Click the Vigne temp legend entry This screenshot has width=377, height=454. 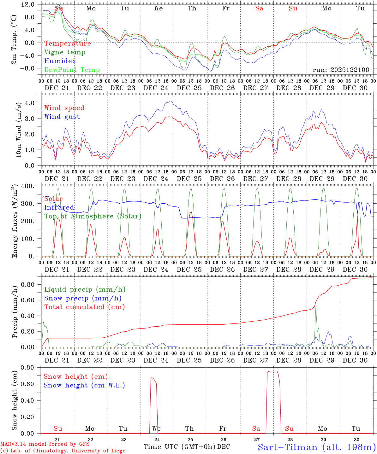[x=65, y=52]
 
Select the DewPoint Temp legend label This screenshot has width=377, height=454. [x=72, y=70]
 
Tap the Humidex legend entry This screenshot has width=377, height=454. [x=60, y=61]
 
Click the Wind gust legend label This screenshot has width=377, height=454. [x=62, y=117]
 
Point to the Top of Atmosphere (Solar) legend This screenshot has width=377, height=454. [x=93, y=216]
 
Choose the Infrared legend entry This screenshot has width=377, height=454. [x=59, y=207]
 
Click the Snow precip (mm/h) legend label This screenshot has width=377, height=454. [x=83, y=298]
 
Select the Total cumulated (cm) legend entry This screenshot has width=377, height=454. [x=84, y=307]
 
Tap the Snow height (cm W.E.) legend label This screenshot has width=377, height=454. [x=84, y=385]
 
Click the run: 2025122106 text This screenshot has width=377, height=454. [x=341, y=70]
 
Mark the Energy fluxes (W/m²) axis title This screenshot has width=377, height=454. [x=15, y=222]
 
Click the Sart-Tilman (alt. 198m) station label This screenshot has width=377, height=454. [x=317, y=447]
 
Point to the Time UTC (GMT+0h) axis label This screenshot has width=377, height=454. [x=179, y=447]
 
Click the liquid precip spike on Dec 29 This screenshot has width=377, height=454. [x=316, y=306]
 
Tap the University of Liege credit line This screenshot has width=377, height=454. [x=63, y=451]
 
